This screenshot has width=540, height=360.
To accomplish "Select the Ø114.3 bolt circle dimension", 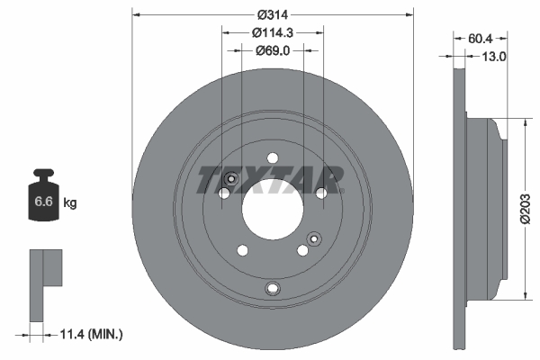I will (273, 32).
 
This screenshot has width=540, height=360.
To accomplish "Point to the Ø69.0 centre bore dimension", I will (273, 50).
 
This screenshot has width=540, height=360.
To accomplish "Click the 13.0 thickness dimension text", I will (496, 56).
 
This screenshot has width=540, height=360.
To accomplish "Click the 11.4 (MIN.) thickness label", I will (89, 334).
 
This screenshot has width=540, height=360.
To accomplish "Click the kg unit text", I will (70, 203).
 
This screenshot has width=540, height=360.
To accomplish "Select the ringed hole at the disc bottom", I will (274, 288).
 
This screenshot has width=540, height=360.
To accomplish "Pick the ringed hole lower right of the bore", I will (313, 238).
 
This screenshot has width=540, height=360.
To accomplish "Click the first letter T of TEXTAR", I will (208, 179).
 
